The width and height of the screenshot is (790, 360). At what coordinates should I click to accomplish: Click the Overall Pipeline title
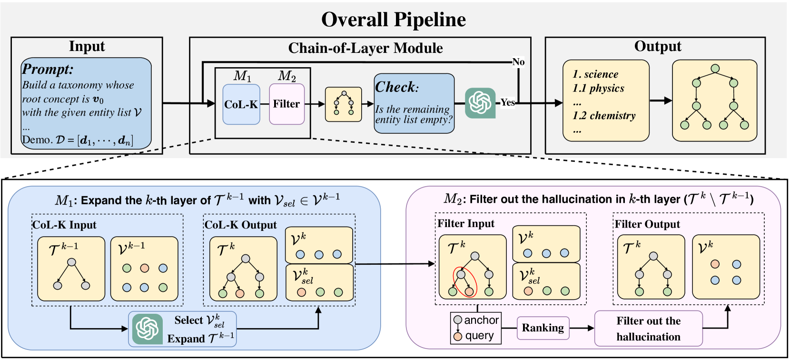tap(394, 20)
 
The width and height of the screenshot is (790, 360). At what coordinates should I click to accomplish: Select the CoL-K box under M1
tap(241, 104)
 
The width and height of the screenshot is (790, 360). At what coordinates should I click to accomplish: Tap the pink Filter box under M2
tap(286, 104)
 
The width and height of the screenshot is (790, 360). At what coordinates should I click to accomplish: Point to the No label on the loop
tap(518, 62)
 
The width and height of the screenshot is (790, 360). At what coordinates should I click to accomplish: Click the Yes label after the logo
tap(507, 102)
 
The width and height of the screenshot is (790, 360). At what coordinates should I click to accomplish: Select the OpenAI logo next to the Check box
tap(480, 103)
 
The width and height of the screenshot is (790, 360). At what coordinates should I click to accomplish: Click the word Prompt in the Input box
tap(48, 70)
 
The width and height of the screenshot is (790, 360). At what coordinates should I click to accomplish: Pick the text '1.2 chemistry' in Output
tap(604, 116)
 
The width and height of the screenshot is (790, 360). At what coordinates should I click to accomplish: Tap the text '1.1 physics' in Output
tap(599, 88)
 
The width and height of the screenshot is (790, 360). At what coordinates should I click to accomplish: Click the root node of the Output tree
tap(715, 69)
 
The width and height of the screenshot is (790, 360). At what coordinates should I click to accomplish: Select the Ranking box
tap(543, 328)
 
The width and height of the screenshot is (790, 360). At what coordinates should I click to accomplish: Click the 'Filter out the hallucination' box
tap(648, 329)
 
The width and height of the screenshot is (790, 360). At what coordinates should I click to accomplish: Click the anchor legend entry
tap(476, 320)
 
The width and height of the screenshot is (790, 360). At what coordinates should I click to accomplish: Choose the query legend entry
tap(474, 336)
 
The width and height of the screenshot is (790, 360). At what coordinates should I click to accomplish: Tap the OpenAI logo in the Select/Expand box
tap(148, 329)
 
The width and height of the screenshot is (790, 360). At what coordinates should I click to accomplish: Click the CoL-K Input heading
tap(64, 225)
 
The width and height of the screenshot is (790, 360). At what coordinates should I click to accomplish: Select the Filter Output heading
tap(647, 224)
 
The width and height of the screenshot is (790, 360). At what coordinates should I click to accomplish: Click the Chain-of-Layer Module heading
tap(365, 48)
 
